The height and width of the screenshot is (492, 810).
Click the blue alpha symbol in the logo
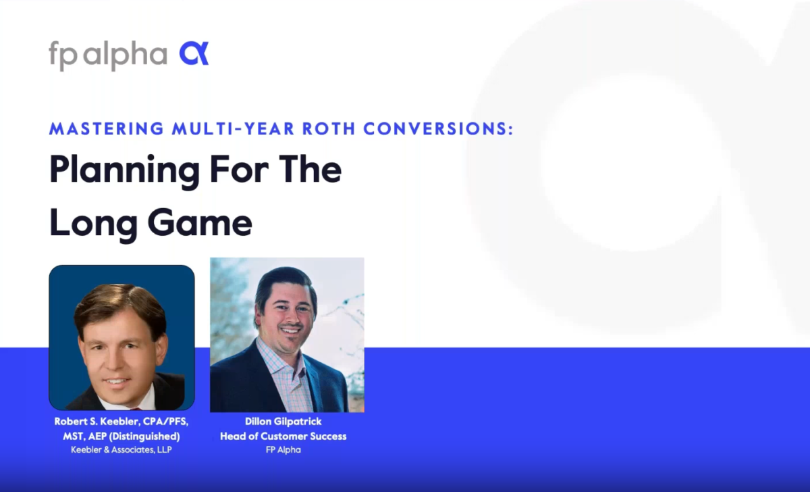click(x=194, y=53)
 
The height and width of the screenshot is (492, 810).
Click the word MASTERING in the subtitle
click(x=107, y=129)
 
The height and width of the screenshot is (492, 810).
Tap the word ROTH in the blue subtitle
click(x=329, y=129)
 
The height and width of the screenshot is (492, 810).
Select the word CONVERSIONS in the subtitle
click(x=438, y=129)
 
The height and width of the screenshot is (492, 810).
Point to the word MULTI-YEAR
click(x=234, y=129)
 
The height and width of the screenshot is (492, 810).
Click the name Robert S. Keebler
click(x=97, y=422)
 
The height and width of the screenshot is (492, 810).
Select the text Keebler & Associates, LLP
click(x=122, y=449)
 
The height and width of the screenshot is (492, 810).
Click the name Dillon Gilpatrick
click(x=283, y=422)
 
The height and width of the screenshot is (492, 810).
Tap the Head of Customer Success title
click(x=283, y=437)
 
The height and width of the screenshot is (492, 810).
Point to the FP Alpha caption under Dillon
click(x=283, y=450)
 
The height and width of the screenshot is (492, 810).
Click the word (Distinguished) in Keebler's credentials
click(x=144, y=437)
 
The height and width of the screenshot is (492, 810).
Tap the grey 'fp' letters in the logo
click(x=63, y=55)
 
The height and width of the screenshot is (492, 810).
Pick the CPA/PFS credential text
click(x=165, y=422)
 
